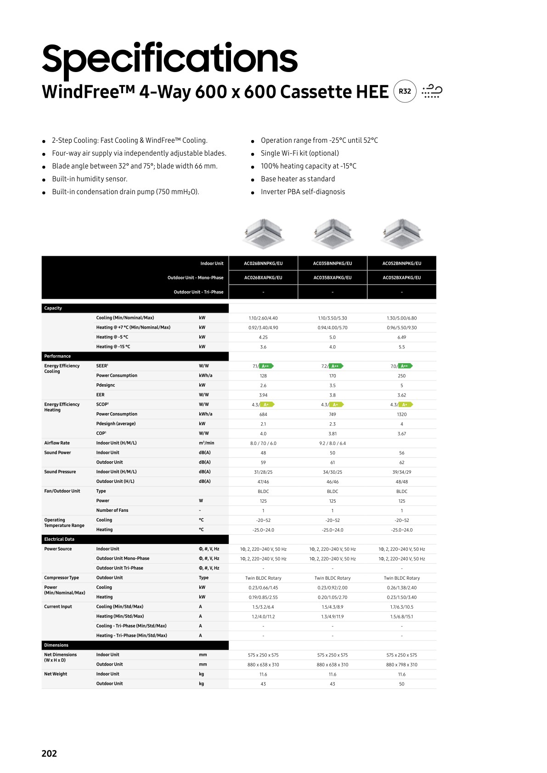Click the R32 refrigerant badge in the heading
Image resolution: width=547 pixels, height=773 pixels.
tap(405, 91)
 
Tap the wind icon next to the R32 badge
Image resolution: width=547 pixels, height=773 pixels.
tap(432, 91)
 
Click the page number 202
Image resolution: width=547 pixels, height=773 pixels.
tap(49, 753)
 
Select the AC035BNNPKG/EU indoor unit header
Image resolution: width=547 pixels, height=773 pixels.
tap(333, 263)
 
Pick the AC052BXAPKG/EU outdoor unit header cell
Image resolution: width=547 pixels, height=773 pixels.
tap(401, 278)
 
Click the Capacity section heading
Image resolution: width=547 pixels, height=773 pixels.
tap(53, 308)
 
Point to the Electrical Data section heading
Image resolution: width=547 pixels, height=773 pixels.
tap(59, 539)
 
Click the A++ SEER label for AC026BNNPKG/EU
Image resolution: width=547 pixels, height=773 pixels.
tap(266, 366)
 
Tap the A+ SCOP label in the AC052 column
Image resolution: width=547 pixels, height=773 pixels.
tap(406, 405)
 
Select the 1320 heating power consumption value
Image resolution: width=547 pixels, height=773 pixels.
tap(401, 415)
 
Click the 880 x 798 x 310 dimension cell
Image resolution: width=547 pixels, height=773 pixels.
tap(401, 665)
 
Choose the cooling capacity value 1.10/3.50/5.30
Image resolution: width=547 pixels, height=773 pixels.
tap(333, 318)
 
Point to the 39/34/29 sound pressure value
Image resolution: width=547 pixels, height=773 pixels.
tap(401, 472)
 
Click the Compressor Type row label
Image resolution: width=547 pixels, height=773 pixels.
tap(62, 578)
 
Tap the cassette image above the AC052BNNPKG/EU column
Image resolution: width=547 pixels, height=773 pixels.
tap(401, 233)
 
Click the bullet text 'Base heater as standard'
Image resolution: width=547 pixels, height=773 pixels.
tap(298, 179)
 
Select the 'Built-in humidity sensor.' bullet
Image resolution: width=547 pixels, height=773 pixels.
tap(90, 179)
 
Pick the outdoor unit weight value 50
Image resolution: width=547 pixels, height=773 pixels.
tap(401, 684)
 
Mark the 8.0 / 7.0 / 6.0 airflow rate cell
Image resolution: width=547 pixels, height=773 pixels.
tap(263, 443)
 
